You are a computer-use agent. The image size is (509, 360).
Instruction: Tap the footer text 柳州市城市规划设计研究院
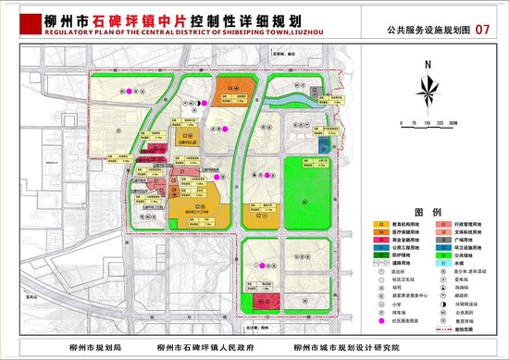(346, 348)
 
